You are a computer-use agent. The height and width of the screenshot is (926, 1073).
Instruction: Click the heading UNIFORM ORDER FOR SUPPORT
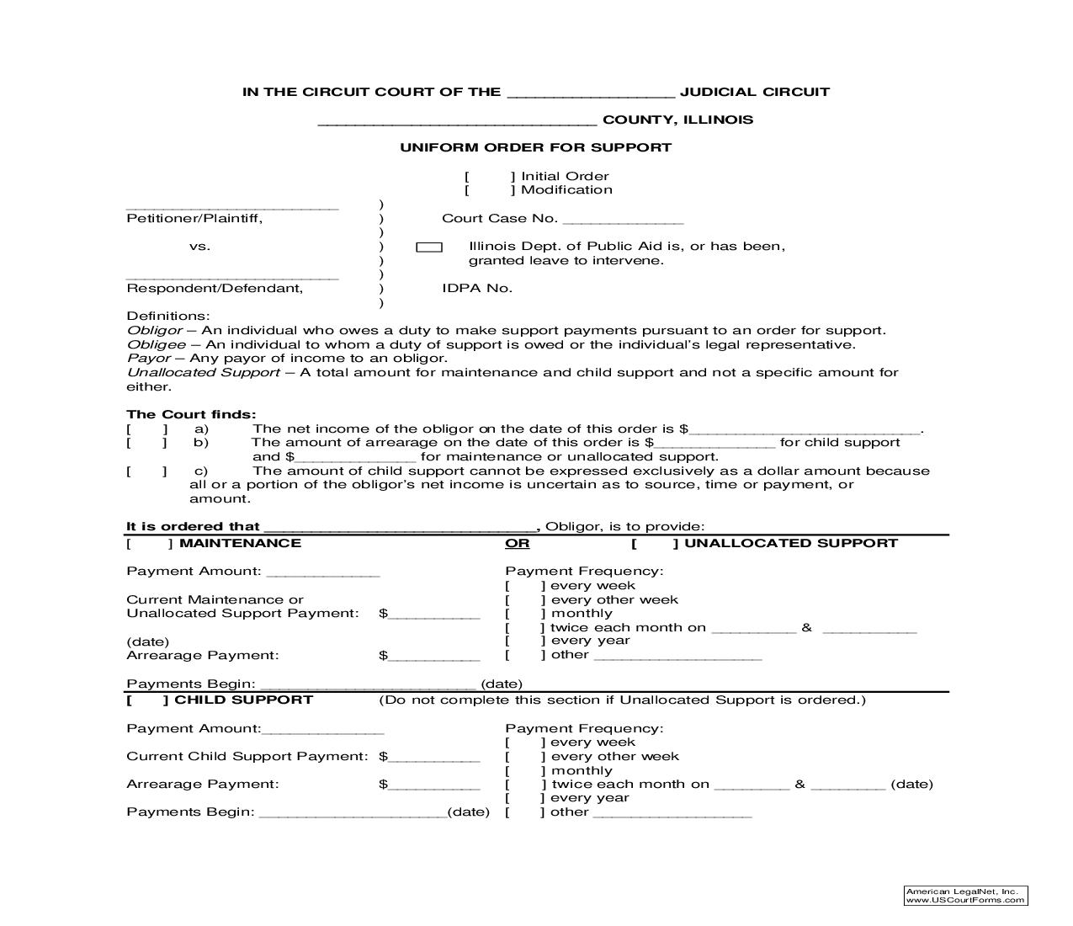tap(535, 147)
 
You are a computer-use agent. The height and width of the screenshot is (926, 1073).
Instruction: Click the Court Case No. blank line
tap(623, 221)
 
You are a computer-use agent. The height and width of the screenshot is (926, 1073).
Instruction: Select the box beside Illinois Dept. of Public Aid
tap(429, 247)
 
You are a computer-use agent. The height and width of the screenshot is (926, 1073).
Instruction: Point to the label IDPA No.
tap(477, 288)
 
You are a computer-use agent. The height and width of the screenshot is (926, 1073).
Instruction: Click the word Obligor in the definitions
tap(154, 331)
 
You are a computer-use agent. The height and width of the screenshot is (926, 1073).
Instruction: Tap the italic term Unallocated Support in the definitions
tap(203, 372)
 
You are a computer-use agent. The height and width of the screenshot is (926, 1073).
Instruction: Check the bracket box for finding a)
tap(147, 428)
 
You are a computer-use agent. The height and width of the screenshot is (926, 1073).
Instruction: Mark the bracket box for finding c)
tap(147, 471)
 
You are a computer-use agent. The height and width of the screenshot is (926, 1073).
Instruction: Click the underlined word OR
tap(517, 544)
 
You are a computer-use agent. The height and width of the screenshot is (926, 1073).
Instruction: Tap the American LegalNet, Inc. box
tap(965, 895)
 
